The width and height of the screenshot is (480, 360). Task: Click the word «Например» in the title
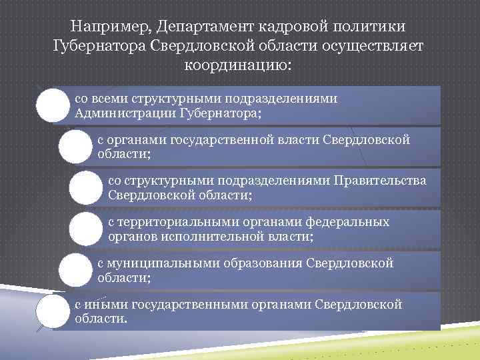point(109,27)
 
